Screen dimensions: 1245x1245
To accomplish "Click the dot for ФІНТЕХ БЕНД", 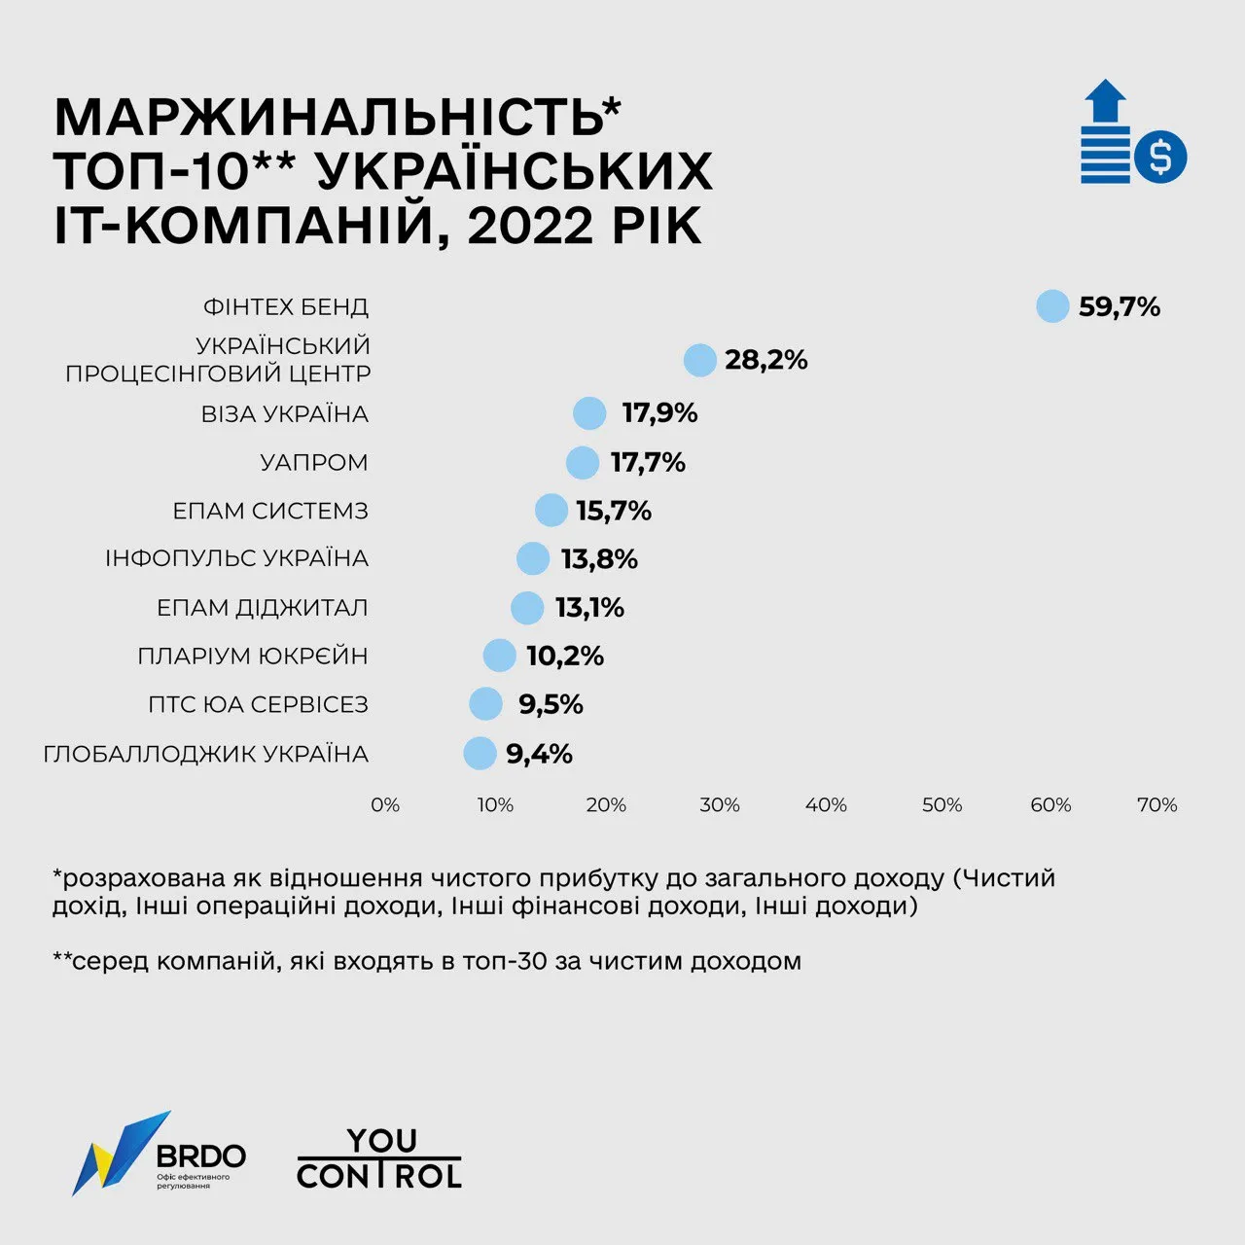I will click(1052, 306).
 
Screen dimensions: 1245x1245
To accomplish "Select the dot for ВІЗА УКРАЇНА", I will click(589, 412).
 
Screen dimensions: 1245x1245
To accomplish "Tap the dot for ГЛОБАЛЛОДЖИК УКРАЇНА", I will click(480, 753).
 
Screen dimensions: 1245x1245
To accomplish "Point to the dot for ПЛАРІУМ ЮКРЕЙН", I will click(499, 656).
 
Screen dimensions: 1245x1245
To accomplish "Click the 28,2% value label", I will click(766, 360).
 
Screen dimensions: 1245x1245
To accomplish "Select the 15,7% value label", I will click(614, 511).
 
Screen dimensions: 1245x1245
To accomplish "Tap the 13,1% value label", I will click(589, 608).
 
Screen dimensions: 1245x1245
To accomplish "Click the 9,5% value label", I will click(551, 704).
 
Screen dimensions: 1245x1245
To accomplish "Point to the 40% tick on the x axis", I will click(826, 805).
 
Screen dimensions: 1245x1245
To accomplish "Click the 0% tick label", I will click(385, 805).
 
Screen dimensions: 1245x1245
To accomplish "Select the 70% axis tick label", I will click(1156, 805).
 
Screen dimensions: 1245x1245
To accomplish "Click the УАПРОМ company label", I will click(314, 462).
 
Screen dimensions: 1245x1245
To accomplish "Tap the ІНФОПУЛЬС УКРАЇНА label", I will click(237, 558).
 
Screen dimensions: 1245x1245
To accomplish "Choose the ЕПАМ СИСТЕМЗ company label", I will click(270, 511).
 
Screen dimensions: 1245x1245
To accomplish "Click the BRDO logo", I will click(160, 1154).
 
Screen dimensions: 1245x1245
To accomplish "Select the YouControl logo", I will click(379, 1157).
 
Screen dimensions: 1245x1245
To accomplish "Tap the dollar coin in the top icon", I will click(1160, 157).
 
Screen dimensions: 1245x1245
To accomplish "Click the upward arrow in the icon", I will click(1105, 101).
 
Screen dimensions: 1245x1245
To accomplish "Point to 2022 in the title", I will click(529, 226).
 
